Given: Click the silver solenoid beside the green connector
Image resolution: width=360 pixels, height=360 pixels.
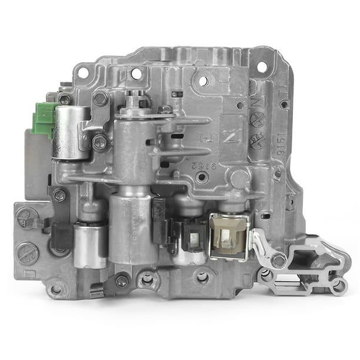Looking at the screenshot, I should [x=71, y=132].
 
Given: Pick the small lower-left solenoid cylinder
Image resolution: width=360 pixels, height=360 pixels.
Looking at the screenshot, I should [x=90, y=245].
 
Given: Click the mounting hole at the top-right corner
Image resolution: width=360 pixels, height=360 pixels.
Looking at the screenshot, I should [x=262, y=66].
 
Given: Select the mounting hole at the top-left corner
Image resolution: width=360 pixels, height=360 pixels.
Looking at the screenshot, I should [x=83, y=74].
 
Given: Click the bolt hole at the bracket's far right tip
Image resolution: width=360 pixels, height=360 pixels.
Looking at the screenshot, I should [x=338, y=286].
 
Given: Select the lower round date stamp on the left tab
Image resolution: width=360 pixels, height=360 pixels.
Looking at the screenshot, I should [x=27, y=253].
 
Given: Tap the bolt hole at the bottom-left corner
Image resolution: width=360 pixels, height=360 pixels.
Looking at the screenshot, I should [x=56, y=289].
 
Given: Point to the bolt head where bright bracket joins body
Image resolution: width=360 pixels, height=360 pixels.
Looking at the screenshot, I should [x=278, y=259].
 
